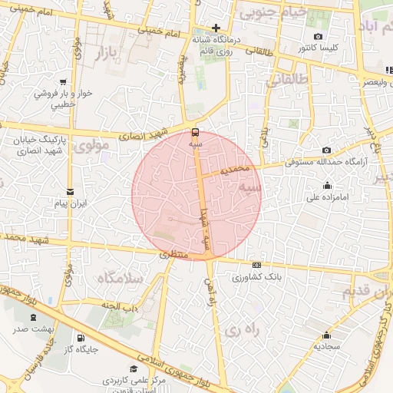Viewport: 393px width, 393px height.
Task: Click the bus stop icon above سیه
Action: coord(195,130)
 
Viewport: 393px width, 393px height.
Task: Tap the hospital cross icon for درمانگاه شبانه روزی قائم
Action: coord(217,28)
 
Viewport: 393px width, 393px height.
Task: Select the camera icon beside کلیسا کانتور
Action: coord(319,37)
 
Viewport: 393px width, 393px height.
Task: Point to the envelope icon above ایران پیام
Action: coord(71,191)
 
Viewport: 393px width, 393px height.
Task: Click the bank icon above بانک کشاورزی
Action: coord(256,265)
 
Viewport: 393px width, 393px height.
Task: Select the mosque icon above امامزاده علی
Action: coord(328,185)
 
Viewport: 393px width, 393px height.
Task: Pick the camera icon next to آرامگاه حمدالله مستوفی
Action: coord(327,150)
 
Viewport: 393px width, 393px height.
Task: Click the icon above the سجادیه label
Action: coord(326,334)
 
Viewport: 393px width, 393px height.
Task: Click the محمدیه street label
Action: coord(236,170)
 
